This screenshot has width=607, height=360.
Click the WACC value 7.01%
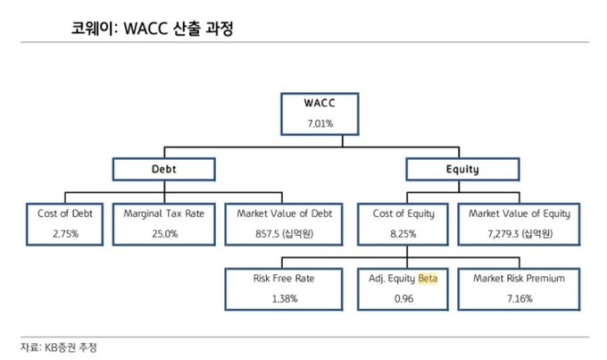[x=320, y=123]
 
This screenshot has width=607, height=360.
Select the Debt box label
[x=163, y=169]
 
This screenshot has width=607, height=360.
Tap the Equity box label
[x=462, y=170]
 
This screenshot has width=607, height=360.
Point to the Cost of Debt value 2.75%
[x=65, y=234]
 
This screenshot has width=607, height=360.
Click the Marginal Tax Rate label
[x=163, y=213]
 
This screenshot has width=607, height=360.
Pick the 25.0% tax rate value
[x=164, y=234]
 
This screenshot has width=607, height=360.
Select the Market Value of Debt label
[x=284, y=213]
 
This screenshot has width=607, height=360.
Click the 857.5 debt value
[x=267, y=234]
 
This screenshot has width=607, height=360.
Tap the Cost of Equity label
[x=403, y=213]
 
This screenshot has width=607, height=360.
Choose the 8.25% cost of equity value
[x=403, y=234]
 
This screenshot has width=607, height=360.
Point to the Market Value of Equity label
[x=520, y=213]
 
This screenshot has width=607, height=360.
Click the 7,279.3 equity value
[x=503, y=234]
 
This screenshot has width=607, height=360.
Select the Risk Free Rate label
[x=283, y=278]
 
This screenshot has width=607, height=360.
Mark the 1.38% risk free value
[x=285, y=298]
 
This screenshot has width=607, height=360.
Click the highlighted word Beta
[x=428, y=278]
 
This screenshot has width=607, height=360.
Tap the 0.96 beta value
[x=403, y=298]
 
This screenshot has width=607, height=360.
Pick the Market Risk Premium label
[x=519, y=278]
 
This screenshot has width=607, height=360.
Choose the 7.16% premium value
[x=520, y=298]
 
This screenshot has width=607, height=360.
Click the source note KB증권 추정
[x=71, y=347]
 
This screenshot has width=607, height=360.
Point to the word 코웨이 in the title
[x=93, y=29]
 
